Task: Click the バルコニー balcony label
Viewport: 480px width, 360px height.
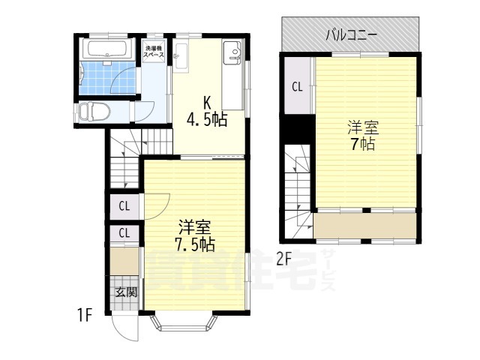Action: (351, 34)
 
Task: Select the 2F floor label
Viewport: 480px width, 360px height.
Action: (283, 259)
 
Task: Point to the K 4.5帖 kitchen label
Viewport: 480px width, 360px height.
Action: (208, 111)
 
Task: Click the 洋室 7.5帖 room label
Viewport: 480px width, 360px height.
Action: (194, 235)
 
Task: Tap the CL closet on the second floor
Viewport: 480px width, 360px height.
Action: (297, 86)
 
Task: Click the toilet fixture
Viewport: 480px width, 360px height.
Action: (94, 112)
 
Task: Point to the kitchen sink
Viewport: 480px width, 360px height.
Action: (232, 54)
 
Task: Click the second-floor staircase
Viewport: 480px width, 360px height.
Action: (298, 184)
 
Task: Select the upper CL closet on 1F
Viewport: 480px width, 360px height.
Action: (124, 205)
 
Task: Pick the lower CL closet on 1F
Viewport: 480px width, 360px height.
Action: (124, 233)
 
